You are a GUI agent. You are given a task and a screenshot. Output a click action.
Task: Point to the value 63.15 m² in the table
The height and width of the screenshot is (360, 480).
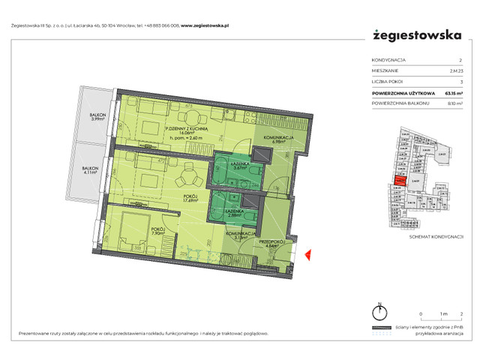click(454, 94)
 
